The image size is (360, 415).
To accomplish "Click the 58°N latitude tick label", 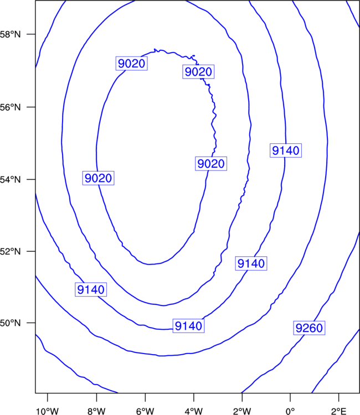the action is click(x=10, y=34).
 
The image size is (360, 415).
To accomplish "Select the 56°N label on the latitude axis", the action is click(x=10, y=107).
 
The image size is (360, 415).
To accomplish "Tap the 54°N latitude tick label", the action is click(x=10, y=180).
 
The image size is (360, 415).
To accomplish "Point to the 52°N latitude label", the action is click(x=10, y=251).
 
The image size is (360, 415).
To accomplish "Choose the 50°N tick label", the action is click(x=10, y=323).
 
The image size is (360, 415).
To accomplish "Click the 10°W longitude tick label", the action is click(x=48, y=411).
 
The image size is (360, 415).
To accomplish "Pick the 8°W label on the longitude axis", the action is click(x=96, y=411).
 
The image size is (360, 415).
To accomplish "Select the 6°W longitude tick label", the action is click(x=145, y=411).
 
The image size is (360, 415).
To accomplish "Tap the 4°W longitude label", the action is click(x=194, y=411).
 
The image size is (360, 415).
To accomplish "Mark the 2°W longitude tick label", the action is click(x=242, y=411).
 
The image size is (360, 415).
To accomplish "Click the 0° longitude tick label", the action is click(x=290, y=411).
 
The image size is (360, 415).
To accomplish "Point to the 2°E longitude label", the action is click(x=339, y=411).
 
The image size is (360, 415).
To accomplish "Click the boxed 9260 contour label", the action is click(x=309, y=328).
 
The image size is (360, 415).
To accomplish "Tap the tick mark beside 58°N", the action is click(x=31, y=34).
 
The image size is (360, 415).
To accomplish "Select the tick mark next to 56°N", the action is click(x=31, y=107).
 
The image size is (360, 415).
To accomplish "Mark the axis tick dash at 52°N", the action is click(x=31, y=251).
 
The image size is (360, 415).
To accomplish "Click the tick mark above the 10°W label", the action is click(x=48, y=397).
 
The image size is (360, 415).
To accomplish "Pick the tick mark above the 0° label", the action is click(x=290, y=397).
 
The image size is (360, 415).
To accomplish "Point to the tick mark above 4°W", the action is click(x=194, y=397).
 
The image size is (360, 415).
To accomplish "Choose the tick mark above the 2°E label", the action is click(x=339, y=397).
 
